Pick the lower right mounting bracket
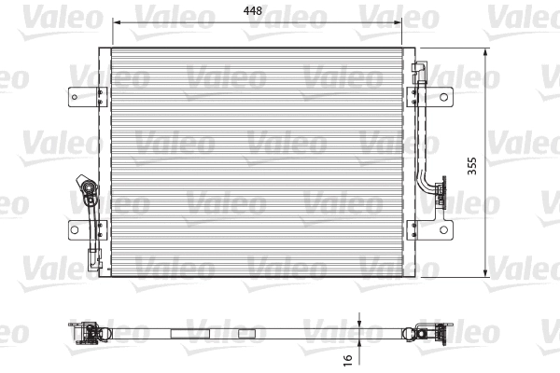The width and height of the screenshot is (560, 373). [435, 228]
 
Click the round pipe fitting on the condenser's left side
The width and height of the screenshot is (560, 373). [91, 195]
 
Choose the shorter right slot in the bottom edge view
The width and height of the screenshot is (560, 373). [246, 331]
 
